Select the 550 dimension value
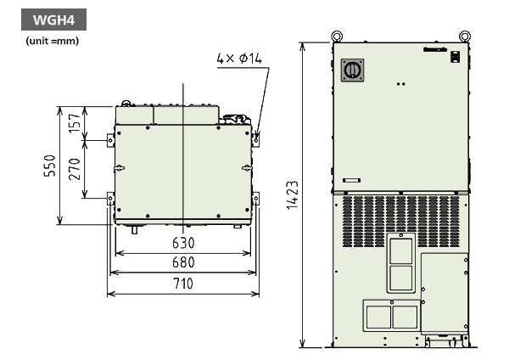pos(51,166)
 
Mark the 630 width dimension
pos(182,242)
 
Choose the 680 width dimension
pos(182,262)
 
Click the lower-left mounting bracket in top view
pos(110,200)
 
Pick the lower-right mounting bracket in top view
pos(255,200)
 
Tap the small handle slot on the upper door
pos(351,180)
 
